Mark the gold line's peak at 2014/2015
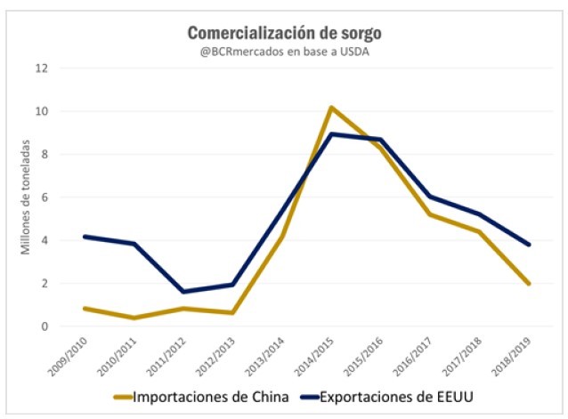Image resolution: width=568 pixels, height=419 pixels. pos(330,108)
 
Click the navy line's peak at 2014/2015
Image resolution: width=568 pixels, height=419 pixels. pos(330,134)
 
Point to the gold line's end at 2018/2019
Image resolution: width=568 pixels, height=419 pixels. pos(530,284)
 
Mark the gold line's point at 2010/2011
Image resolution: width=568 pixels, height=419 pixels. pos(133,318)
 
